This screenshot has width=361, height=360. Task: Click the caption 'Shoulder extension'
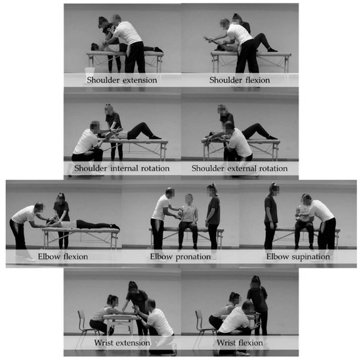(122, 80)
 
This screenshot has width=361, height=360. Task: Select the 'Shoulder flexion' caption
(240, 80)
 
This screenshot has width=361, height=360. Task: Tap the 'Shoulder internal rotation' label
(122, 168)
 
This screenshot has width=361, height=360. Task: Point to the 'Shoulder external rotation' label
(240, 168)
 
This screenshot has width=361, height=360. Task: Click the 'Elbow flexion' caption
(63, 256)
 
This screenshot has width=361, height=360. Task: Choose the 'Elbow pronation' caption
(180, 257)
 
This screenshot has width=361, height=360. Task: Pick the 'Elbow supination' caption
(298, 257)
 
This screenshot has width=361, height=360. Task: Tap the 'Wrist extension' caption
(122, 343)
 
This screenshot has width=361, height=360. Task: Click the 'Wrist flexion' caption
(240, 343)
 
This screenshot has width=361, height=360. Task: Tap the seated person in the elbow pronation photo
(189, 221)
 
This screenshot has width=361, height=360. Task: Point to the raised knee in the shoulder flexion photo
(263, 35)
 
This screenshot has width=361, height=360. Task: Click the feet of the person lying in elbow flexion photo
(114, 227)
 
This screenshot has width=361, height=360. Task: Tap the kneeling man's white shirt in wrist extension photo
(159, 322)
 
